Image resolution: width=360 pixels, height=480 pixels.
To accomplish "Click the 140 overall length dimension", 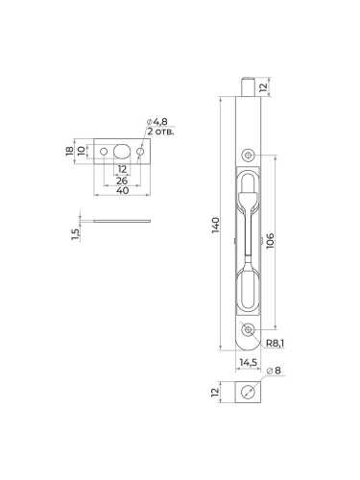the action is pos(216,225).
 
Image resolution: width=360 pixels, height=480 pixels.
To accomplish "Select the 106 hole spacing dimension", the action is pos(270,240).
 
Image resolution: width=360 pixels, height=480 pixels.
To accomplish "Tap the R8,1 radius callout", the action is pos(275,344).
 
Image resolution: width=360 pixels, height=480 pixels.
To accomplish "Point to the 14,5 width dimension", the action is pos(249,362).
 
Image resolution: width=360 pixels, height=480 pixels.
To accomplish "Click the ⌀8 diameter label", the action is pos(274,371).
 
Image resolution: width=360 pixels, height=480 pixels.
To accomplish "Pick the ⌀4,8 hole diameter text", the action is pos(157,122).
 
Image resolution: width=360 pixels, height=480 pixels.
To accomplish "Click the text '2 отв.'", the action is pos(160,131).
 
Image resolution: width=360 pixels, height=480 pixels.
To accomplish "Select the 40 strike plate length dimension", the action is pos(122,191).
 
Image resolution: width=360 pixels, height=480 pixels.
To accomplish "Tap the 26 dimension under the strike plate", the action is pos(122,180).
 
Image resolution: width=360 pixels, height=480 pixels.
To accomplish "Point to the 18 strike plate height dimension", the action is pos(69,151).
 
